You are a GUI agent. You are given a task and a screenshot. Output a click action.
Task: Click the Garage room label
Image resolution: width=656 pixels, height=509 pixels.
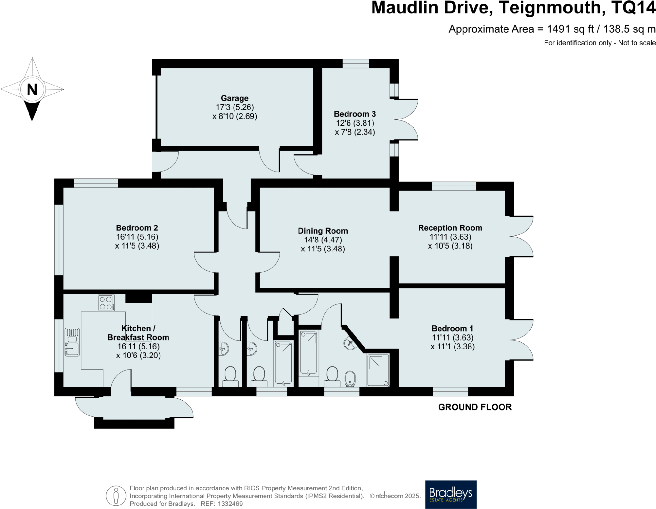234,98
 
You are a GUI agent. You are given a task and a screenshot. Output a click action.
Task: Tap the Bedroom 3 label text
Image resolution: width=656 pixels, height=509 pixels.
355,114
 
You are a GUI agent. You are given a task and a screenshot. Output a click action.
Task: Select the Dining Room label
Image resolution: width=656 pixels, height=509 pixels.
323,231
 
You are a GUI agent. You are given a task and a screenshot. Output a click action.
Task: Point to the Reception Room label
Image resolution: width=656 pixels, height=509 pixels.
450,228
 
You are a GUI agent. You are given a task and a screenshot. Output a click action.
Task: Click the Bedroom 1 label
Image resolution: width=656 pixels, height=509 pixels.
452,328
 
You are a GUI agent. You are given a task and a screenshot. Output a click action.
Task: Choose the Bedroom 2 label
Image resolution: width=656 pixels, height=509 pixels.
137,228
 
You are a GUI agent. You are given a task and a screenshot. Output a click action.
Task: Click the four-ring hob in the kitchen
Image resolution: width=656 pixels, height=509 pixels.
106,303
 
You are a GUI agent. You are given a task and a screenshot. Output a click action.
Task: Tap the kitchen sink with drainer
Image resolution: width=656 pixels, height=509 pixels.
72,342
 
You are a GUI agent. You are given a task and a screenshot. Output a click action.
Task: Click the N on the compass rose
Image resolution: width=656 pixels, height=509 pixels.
32,90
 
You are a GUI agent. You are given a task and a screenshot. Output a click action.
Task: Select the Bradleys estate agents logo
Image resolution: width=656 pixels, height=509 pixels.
451,494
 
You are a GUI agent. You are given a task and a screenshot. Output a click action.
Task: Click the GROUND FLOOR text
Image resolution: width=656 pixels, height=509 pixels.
475,407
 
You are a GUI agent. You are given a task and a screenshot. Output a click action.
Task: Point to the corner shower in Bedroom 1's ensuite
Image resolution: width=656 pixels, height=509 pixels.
378,370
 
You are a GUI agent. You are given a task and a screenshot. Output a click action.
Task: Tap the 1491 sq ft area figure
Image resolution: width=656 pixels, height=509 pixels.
570,29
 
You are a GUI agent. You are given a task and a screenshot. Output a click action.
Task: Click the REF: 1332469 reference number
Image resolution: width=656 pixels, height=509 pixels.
222,504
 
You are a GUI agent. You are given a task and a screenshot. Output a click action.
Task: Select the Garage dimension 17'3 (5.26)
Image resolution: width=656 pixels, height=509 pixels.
234,107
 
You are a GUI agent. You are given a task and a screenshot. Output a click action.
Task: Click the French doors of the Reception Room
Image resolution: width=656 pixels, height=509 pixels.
521,236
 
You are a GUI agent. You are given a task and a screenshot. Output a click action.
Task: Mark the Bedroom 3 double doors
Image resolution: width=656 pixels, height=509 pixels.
406,120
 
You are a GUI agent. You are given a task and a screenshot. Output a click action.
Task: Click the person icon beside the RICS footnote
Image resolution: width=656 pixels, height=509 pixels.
116,496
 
